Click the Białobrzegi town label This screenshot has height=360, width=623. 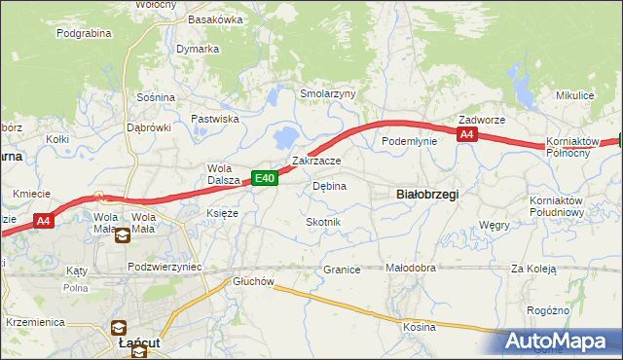[x=428, y=194]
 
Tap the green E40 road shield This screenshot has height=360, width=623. [x=265, y=178]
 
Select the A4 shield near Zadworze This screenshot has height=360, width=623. [x=467, y=135]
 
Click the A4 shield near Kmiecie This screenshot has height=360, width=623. [x=43, y=222]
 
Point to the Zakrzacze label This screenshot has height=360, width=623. [x=316, y=161]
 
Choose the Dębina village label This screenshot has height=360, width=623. [x=329, y=185]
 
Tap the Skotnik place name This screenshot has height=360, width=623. [x=323, y=222]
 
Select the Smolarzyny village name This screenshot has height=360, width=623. [x=328, y=93]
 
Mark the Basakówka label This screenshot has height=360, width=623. [x=215, y=19]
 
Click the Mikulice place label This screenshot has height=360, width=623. [x=574, y=95]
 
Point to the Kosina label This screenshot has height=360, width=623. [x=420, y=327]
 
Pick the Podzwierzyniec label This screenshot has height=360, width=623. [x=165, y=267]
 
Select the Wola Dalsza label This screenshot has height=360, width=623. [x=223, y=172]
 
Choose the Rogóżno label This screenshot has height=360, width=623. [x=573, y=310]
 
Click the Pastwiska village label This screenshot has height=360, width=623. [x=215, y=119]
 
